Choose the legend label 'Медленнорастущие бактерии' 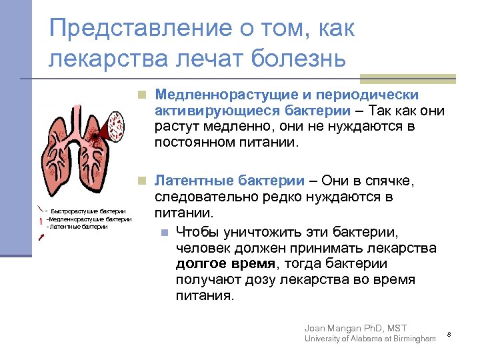[90, 219]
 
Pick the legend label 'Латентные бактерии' [79, 227]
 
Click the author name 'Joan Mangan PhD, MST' [355, 327]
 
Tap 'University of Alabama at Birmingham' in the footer [369, 339]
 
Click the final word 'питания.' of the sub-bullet [205, 296]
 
